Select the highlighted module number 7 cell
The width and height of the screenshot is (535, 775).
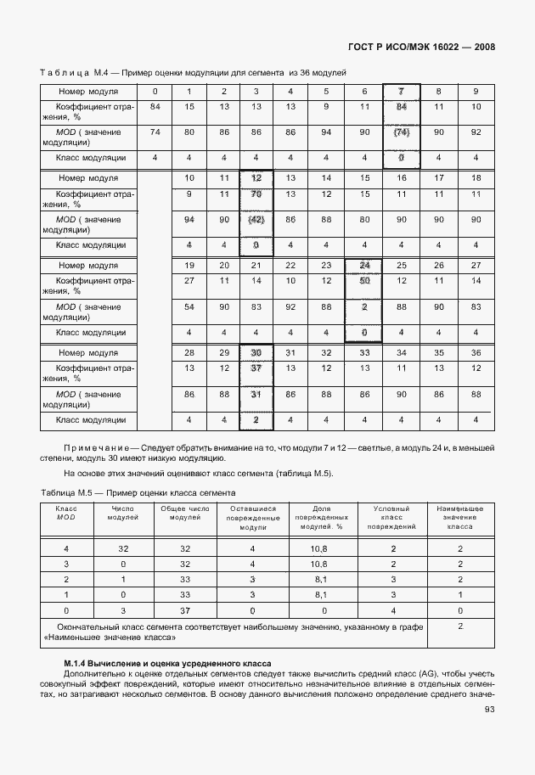[402, 91]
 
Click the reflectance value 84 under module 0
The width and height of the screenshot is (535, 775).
[155, 106]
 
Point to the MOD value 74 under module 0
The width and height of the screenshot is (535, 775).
[155, 132]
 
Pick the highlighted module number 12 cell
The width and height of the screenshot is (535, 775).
[257, 177]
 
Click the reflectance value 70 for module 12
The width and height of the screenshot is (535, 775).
[257, 194]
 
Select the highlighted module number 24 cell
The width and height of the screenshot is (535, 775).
[364, 265]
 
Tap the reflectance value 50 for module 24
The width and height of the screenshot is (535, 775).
[364, 280]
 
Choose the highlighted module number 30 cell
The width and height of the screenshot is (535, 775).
[257, 352]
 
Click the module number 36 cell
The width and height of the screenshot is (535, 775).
[476, 352]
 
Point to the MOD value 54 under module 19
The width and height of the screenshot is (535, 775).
[189, 306]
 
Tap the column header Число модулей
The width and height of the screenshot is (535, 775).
[124, 513]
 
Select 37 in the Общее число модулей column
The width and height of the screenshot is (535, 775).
[185, 610]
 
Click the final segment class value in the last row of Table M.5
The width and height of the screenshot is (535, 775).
[459, 626]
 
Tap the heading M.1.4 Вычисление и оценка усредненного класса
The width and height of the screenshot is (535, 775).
[167, 661]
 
